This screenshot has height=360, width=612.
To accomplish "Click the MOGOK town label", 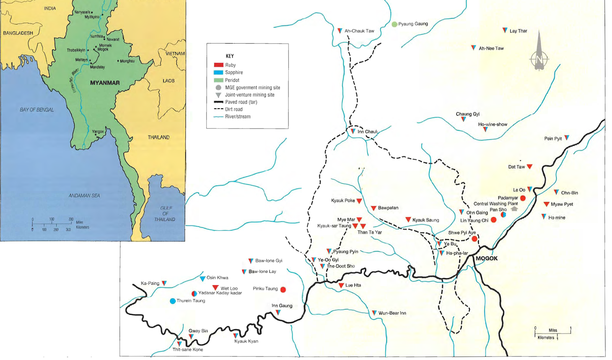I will click(487, 258).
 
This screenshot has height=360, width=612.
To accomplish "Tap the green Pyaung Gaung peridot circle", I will click(394, 24).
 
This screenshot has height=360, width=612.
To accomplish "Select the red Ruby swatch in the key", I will click(218, 65).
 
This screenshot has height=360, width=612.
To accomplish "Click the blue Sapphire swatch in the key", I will click(218, 72).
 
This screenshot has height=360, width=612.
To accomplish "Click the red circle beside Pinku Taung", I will click(283, 290).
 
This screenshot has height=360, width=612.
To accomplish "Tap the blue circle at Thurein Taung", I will click(173, 301).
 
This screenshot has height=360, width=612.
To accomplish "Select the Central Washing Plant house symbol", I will click(514, 209).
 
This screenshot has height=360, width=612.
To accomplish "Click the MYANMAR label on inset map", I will click(105, 83).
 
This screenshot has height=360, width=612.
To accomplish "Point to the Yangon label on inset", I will click(98, 131).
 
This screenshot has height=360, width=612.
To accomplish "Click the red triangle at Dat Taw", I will click(529, 166).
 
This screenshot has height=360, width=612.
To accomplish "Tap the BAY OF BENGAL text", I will click(37, 110).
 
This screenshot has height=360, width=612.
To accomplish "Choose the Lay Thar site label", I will click(518, 31).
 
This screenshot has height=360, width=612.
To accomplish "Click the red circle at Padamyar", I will click(523, 198).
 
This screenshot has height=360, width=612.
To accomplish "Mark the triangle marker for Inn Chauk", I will click(353, 131).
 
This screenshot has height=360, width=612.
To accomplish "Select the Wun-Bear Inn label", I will click(392, 313).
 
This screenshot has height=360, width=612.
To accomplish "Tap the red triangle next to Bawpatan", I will click(373, 208).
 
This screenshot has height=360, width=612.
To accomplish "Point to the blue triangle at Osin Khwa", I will click(202, 279).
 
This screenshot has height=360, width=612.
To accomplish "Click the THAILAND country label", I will click(158, 137).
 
